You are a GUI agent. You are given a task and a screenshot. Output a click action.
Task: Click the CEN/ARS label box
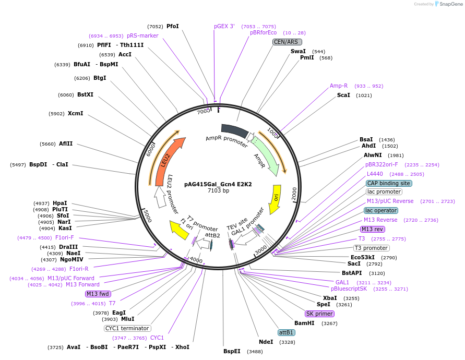point(287,42)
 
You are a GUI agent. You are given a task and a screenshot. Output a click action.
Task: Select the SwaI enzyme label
point(298,51)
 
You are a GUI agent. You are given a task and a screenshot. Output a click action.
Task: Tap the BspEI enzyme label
point(232,351)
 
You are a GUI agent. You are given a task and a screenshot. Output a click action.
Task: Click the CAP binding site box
point(389,183)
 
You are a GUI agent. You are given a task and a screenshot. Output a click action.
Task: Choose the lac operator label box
point(381,210)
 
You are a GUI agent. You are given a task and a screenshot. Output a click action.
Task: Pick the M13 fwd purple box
point(99,294)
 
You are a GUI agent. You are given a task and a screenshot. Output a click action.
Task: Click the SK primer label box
point(320,314)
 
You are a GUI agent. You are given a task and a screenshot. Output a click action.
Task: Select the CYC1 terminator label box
point(127,328)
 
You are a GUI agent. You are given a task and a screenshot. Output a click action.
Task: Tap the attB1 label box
point(286,332)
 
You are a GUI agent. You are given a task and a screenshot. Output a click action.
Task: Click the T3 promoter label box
point(371,248)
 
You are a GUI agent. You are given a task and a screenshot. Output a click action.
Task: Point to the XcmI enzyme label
point(75,113)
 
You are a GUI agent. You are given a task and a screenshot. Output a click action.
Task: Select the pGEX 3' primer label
point(224,26)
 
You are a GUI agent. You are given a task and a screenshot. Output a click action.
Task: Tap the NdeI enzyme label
point(266,342)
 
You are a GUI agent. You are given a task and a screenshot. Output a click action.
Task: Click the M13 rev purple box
point(373,229)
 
